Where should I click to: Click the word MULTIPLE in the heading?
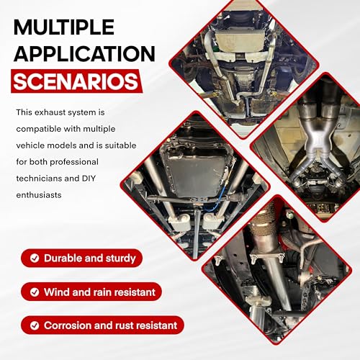pos(64,27)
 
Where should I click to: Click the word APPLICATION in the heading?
pos(84,53)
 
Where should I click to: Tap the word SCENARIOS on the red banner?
pos(76,81)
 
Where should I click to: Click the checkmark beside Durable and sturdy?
pos(35,258)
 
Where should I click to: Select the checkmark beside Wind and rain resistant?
pos(35,292)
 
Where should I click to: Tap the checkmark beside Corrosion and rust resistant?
pos(35,325)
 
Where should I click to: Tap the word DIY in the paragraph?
pos(89,179)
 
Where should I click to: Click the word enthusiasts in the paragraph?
pos(39,195)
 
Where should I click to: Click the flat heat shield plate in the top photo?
pos(243,41)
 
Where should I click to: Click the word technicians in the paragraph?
pos(39,179)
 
